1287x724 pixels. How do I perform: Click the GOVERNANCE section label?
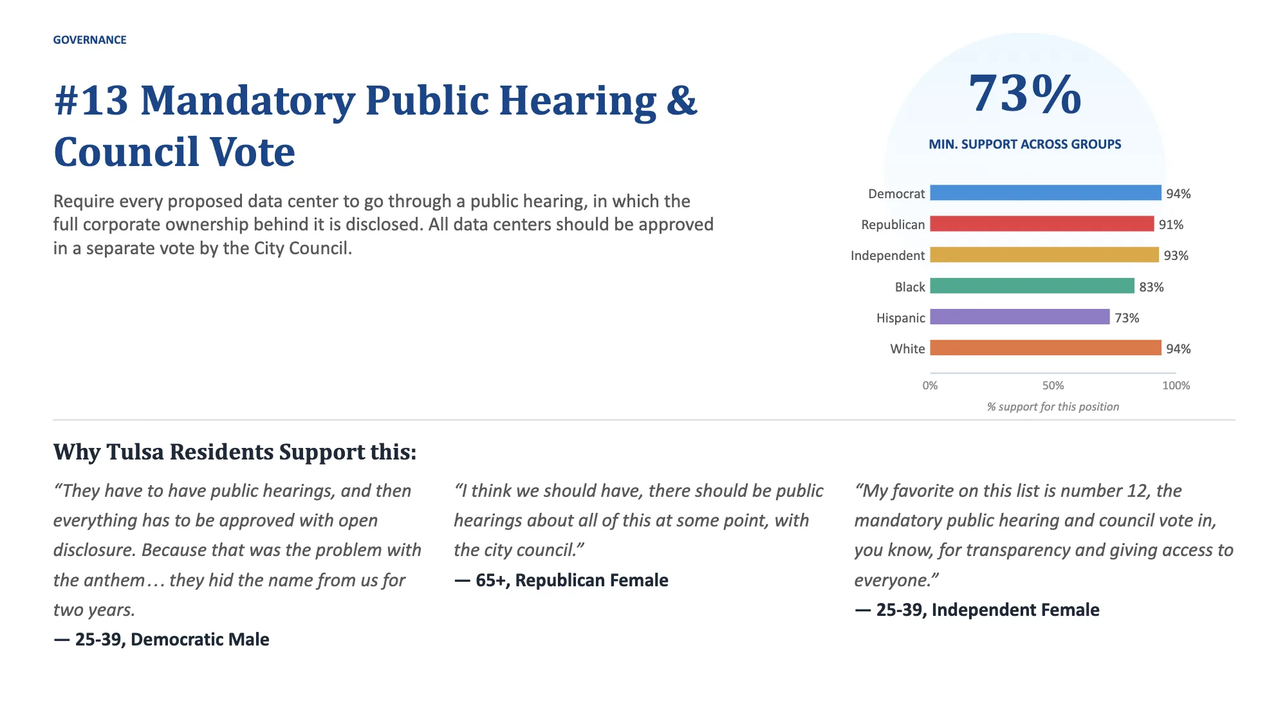pos(89,40)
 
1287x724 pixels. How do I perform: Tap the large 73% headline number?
pos(1024,94)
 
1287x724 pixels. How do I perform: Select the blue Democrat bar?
pos(1046,192)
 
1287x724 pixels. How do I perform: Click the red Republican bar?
pos(1042,223)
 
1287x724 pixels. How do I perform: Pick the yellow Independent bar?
pos(1044,255)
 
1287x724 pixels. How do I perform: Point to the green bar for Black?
pos(1032,286)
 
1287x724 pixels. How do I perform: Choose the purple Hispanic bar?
pos(1020,317)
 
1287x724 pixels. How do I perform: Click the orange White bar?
pos(1046,348)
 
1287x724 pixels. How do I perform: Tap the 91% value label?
pos(1171,225)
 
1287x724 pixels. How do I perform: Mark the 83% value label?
pos(1151,287)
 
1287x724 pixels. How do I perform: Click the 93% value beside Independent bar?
pos(1176,255)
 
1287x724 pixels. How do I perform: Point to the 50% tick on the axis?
pos(1053,385)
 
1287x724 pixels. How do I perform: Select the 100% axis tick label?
pos(1176,385)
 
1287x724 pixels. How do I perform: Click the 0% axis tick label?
pos(930,385)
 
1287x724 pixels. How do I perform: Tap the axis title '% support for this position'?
pos(1053,407)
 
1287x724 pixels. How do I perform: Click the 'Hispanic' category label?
pos(900,318)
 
